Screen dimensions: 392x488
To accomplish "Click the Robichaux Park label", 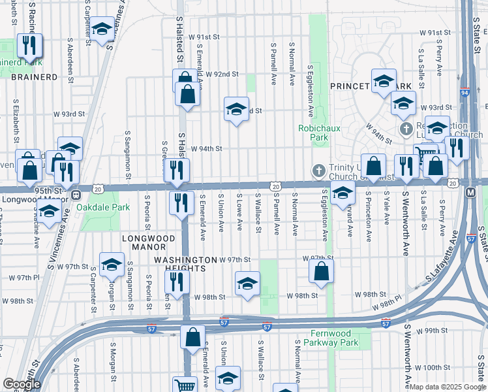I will coord(319,133).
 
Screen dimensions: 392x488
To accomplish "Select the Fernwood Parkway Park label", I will coord(331,338).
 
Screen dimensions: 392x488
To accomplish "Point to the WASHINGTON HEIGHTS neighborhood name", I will coord(185,264).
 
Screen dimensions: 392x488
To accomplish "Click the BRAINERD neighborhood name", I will coord(34,76).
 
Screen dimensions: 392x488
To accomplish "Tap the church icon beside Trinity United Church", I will coord(319,170).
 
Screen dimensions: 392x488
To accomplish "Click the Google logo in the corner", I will coord(21,384).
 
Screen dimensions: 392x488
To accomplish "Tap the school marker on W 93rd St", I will coord(236,109).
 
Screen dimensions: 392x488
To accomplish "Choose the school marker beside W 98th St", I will coord(247,285).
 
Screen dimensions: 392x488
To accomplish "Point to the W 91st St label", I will coord(436,32).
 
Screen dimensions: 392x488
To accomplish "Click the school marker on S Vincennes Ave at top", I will coord(102,29).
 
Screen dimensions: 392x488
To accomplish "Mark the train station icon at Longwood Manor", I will coord(76,194).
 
